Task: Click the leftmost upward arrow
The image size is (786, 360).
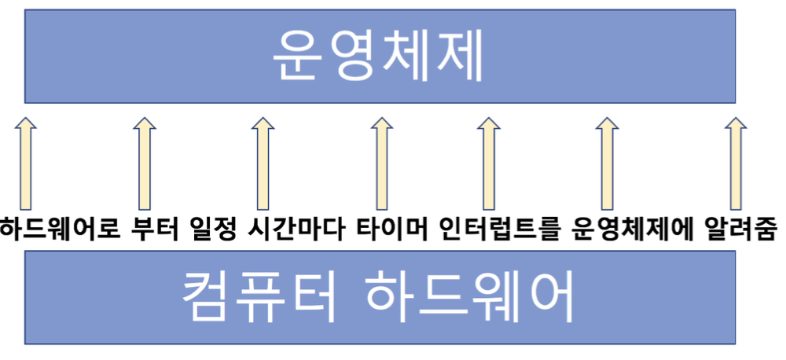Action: tap(27, 162)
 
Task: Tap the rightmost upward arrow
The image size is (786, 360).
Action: tap(734, 162)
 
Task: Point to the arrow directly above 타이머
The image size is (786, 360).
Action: tap(380, 162)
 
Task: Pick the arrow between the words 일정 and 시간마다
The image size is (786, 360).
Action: tap(261, 162)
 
